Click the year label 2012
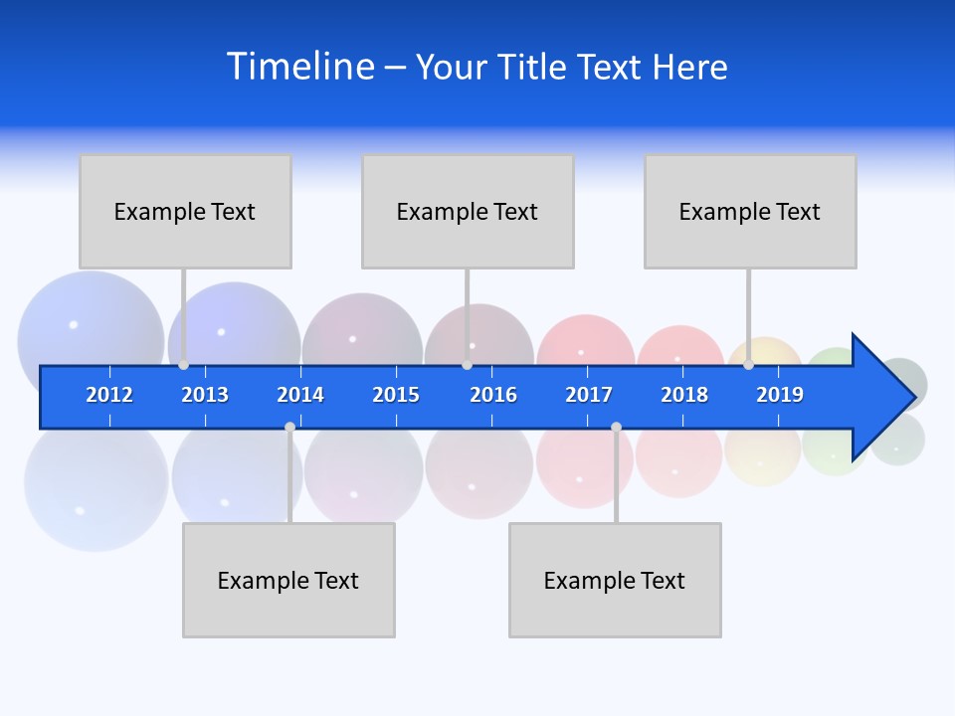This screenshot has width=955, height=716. pyautogui.click(x=109, y=395)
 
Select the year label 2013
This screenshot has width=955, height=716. pyautogui.click(x=205, y=395)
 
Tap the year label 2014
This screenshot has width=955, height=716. pyautogui.click(x=300, y=395)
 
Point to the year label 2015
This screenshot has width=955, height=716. pyautogui.click(x=396, y=395)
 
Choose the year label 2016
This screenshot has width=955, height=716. pyautogui.click(x=493, y=395)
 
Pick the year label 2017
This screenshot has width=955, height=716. pyautogui.click(x=589, y=395)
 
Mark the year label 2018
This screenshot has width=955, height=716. pyautogui.click(x=684, y=395)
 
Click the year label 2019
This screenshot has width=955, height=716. pyautogui.click(x=780, y=395)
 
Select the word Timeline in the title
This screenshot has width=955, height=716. pyautogui.click(x=300, y=67)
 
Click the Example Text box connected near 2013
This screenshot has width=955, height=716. pyautogui.click(x=185, y=211)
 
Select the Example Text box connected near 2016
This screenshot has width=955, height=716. pyautogui.click(x=468, y=211)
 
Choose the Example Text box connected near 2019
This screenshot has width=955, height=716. pyautogui.click(x=750, y=211)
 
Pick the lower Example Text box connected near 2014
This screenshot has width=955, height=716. pyautogui.click(x=288, y=580)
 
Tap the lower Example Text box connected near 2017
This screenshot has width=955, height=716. pyautogui.click(x=615, y=580)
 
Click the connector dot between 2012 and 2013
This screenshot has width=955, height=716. pyautogui.click(x=183, y=365)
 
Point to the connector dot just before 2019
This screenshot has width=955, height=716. pyautogui.click(x=748, y=365)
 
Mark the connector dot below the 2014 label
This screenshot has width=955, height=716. pyautogui.click(x=289, y=427)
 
